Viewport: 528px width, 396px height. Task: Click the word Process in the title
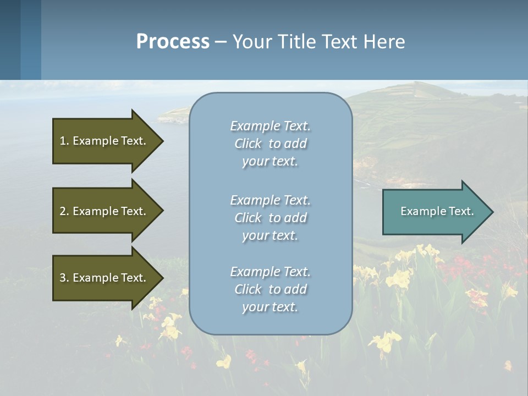(x=173, y=42)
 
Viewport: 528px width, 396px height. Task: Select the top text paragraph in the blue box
(x=270, y=144)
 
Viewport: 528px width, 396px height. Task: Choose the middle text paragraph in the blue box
(x=270, y=218)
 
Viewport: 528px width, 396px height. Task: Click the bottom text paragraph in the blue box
(x=270, y=289)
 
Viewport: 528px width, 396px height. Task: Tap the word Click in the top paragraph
(x=248, y=144)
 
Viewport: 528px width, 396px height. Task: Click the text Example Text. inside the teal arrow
(x=437, y=211)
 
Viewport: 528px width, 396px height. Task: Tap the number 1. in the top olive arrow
(x=64, y=141)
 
